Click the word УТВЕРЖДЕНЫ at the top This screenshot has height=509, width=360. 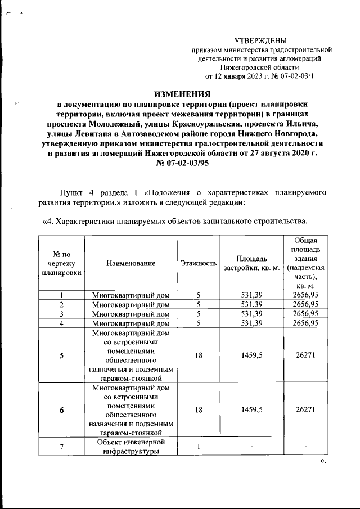click(260, 40)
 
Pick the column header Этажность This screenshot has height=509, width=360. click(198, 263)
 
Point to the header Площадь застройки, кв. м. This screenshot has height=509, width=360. click(251, 263)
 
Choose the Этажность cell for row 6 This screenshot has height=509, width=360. click(198, 410)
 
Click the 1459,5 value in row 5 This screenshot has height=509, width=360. click(251, 355)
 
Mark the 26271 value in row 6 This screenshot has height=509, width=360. click(304, 410)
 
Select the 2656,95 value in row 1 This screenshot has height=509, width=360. click(304, 295)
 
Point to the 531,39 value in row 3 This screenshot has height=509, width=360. click(251, 314)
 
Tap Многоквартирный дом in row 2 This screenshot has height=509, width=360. click(130, 304)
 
